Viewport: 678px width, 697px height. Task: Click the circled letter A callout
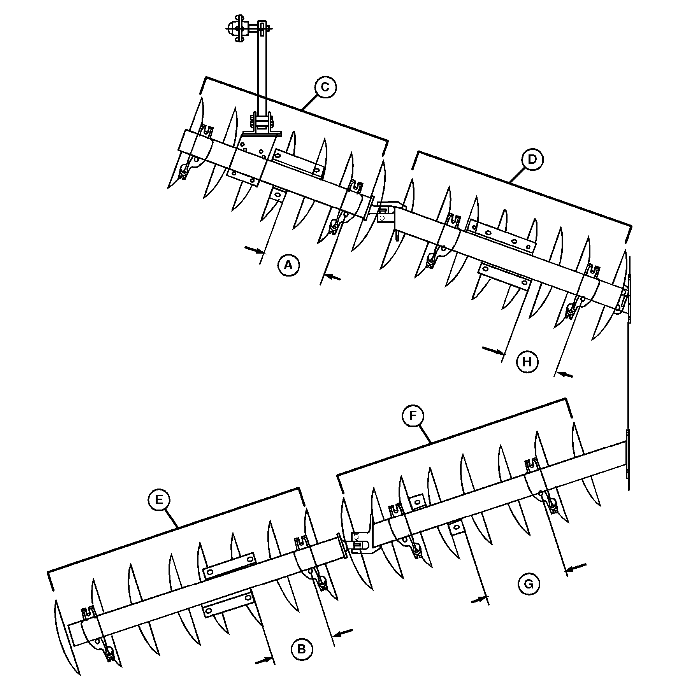click(x=288, y=265)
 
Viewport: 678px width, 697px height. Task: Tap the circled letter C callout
click(x=325, y=87)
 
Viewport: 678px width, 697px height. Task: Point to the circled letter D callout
click(x=532, y=159)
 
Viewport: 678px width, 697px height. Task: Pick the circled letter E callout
click(x=159, y=499)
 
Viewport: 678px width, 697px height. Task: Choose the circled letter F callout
click(x=413, y=416)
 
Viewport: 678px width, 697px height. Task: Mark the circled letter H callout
click(x=527, y=362)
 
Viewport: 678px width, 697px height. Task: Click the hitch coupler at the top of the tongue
click(x=238, y=28)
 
